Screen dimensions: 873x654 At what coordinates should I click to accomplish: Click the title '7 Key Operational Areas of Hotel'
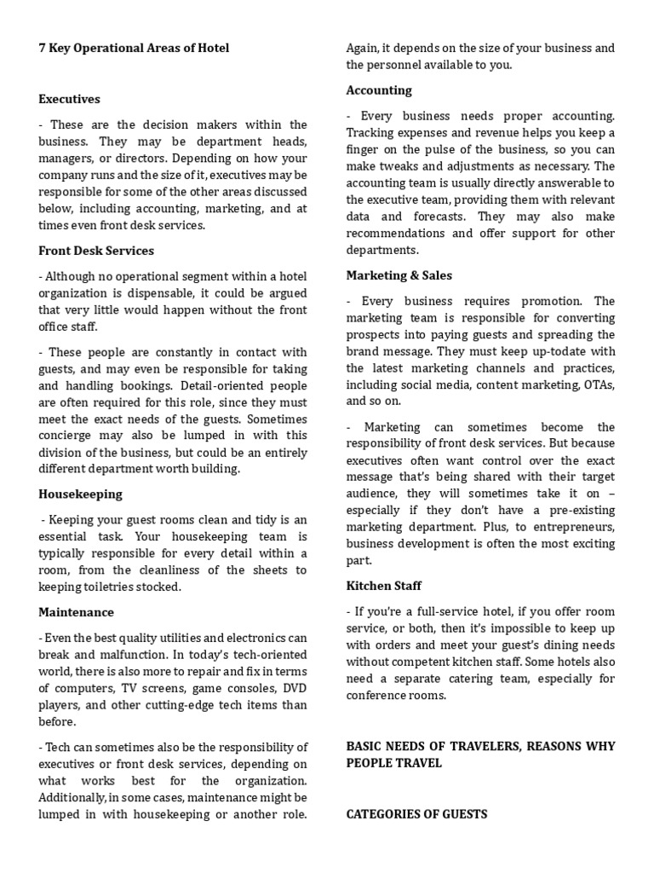tap(134, 49)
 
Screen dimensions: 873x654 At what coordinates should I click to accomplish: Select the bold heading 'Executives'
tap(69, 99)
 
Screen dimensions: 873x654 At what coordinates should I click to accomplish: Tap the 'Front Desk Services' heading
tap(96, 251)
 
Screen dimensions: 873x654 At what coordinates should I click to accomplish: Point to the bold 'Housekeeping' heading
tap(80, 494)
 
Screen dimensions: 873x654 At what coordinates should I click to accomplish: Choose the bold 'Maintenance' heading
tap(76, 612)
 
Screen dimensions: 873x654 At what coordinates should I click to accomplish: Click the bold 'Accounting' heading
tap(379, 90)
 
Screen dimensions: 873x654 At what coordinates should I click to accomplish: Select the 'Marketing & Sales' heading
tap(399, 275)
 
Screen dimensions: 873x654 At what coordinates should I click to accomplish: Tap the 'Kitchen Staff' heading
tap(384, 586)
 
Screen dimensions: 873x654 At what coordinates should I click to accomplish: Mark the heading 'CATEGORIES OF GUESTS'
tap(416, 814)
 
